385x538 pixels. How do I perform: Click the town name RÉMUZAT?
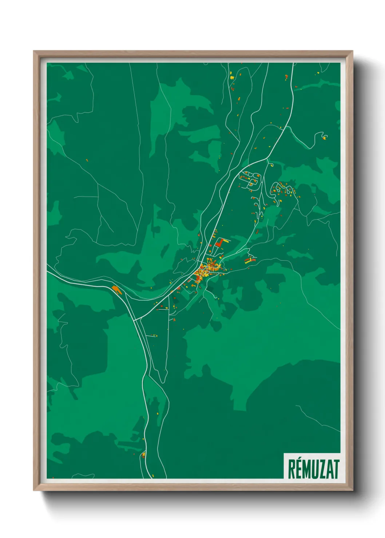click(x=313, y=469)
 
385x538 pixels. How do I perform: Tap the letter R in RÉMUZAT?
click(x=292, y=469)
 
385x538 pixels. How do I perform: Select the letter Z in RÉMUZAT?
click(x=322, y=469)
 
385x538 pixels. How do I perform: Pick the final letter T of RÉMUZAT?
click(x=337, y=469)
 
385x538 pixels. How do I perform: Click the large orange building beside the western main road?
click(x=116, y=289)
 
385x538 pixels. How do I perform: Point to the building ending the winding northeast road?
click(x=324, y=137)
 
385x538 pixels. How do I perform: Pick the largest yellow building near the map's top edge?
click(x=231, y=77)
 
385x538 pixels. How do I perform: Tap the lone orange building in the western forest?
click(x=87, y=160)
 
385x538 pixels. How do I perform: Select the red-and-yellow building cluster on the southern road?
click(x=143, y=454)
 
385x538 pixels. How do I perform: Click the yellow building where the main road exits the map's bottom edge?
click(x=153, y=475)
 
